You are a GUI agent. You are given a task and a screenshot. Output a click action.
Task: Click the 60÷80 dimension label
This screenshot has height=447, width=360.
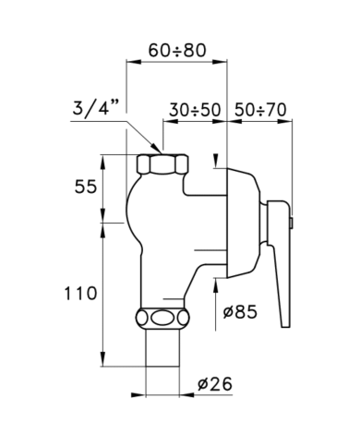(x=177, y=51)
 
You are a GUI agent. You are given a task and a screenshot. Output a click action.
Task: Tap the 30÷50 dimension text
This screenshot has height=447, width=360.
(x=195, y=110)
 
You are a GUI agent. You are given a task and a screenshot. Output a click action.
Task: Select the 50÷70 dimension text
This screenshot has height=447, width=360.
(x=260, y=110)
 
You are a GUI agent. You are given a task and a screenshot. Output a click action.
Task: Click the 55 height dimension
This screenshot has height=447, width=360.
(x=86, y=187)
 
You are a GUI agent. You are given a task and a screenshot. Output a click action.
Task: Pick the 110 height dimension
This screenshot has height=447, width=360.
(x=80, y=293)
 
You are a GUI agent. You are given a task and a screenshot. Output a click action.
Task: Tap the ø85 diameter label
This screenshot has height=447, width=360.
(x=240, y=312)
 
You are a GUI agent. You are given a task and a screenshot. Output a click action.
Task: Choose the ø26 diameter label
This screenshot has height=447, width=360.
(x=215, y=384)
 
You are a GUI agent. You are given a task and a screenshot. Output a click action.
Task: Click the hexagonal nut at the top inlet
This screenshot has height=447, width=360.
(x=162, y=164)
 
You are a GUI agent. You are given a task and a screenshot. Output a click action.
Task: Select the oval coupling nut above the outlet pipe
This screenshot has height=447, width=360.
(x=162, y=319)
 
